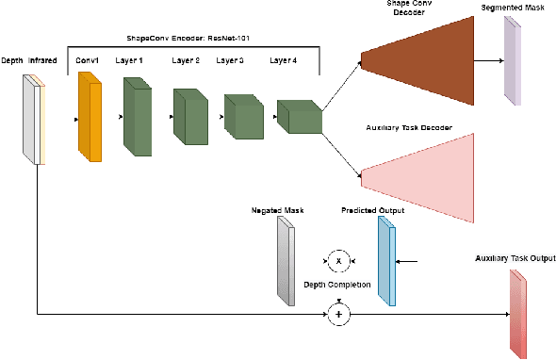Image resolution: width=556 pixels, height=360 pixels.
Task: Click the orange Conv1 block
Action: (90, 118)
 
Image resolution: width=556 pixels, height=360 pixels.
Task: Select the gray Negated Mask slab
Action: (286, 261)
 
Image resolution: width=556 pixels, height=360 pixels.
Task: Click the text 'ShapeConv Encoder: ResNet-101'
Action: (194, 40)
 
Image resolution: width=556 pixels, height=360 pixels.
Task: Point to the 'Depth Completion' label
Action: (336, 284)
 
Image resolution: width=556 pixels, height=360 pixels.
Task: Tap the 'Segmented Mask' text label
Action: (512, 8)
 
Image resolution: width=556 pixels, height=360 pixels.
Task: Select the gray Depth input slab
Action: (29, 118)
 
